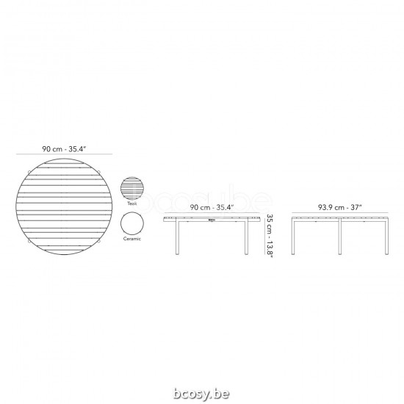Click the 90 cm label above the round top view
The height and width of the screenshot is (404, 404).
pyautogui.click(x=65, y=149)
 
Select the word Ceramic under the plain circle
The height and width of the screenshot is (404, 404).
pyautogui.click(x=133, y=240)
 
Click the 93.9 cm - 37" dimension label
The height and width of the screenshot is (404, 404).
pyautogui.click(x=339, y=208)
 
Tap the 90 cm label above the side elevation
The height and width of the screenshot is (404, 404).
pyautogui.click(x=212, y=208)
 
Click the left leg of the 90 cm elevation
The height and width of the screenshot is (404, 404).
pyautogui.click(x=176, y=239)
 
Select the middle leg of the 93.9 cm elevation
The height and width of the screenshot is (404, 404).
pyautogui.click(x=339, y=239)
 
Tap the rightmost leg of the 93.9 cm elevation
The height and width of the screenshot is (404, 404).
pyautogui.click(x=386, y=239)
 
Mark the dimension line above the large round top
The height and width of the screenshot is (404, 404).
pyautogui.click(x=65, y=155)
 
